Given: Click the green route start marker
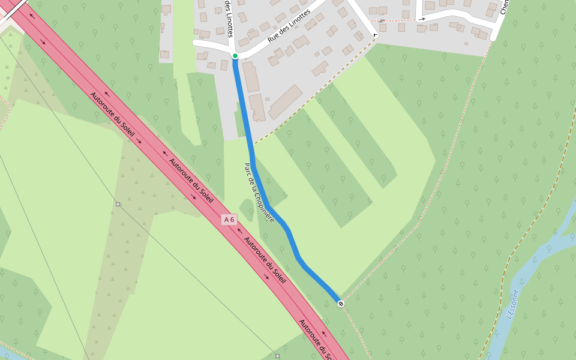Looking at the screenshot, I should coord(235,56).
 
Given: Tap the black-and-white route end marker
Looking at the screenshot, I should coord(341,304).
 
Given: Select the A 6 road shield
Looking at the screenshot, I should coord(229,220).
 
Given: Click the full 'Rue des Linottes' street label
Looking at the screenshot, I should coord(289,26).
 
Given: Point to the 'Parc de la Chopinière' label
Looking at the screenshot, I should coord(259,193).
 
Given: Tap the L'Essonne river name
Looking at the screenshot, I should coord(512,304).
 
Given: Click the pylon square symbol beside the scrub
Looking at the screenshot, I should coord(118,205).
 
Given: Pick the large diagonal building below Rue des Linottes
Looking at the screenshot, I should coord(286,102).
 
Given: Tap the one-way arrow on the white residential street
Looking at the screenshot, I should coord(422,19).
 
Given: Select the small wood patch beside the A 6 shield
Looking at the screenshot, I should coord(247,209).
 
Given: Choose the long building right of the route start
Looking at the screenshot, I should coord(251,77).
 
